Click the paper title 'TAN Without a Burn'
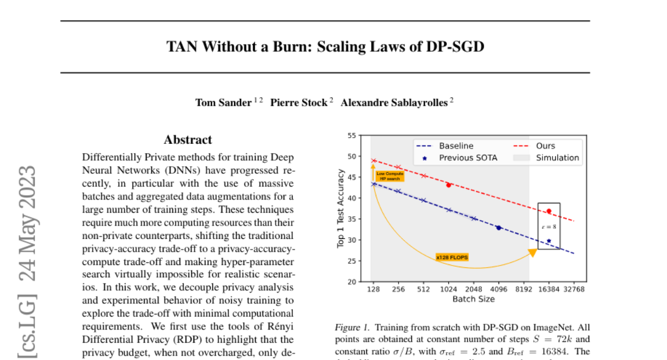tap(325, 47)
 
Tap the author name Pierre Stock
tap(298, 103)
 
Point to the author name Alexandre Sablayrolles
tap(394, 103)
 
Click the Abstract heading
tap(188, 140)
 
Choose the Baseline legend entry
tap(456, 146)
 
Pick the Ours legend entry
tap(545, 146)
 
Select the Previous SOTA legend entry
tap(468, 158)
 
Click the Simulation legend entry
tap(557, 158)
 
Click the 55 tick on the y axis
tap(351, 136)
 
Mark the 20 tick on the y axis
tap(351, 282)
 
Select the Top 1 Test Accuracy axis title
tap(341, 208)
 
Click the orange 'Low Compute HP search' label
tap(389, 177)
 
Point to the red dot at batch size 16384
tap(549, 211)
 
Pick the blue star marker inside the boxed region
tap(549, 241)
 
